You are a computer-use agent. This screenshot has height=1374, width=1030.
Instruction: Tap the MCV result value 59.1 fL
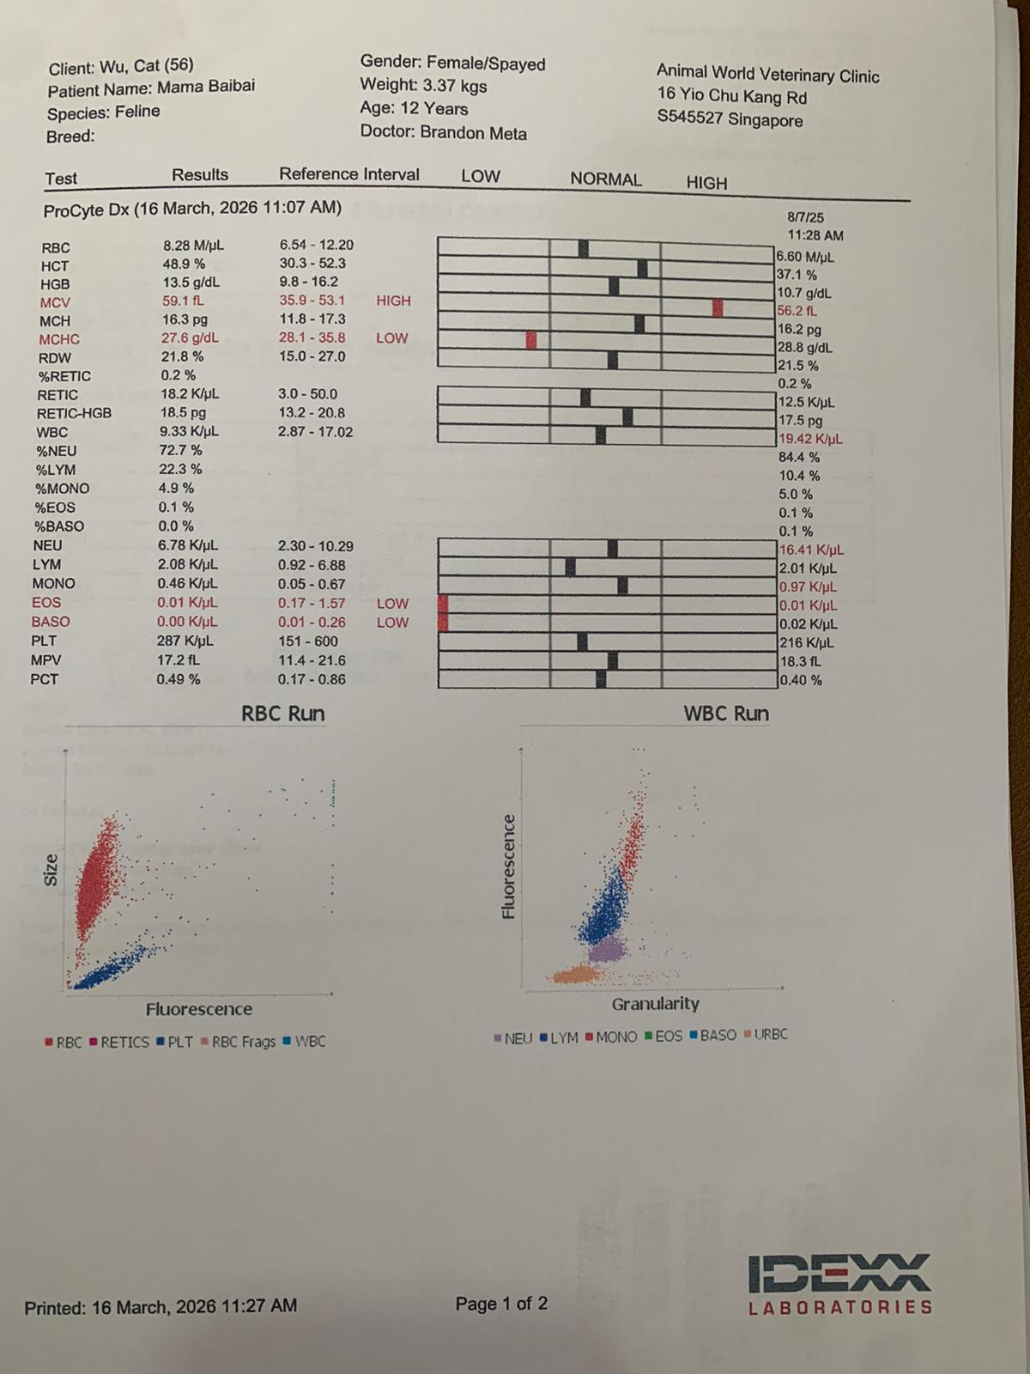tap(183, 301)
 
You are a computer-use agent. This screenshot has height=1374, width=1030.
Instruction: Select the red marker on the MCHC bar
tap(531, 339)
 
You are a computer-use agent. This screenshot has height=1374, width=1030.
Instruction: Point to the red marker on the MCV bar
tap(718, 307)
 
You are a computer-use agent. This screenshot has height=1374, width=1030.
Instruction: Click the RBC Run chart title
tap(282, 714)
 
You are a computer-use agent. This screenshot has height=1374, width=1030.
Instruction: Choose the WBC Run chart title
tap(726, 714)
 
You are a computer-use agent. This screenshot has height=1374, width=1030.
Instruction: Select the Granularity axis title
tap(656, 1004)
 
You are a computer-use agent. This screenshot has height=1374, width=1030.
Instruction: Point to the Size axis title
tap(51, 870)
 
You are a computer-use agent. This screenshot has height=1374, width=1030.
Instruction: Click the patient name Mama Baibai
tap(205, 88)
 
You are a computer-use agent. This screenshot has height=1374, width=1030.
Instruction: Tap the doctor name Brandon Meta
tap(473, 133)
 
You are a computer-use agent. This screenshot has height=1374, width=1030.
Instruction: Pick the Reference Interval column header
tap(349, 174)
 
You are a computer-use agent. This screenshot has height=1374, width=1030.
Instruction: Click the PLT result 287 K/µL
tap(185, 641)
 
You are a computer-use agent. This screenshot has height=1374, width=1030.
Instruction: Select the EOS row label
tap(46, 602)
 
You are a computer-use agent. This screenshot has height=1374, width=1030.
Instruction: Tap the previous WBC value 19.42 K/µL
tap(810, 439)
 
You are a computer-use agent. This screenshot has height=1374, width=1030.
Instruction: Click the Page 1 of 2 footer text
tap(501, 1304)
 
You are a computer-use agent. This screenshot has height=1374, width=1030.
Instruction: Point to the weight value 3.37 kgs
tap(454, 86)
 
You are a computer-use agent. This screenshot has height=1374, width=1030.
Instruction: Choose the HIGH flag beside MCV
tap(393, 301)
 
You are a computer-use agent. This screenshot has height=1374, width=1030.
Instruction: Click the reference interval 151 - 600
tap(308, 641)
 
